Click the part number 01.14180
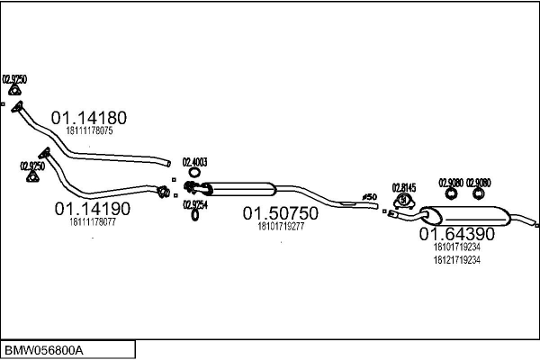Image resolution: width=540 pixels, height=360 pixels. click(x=88, y=117)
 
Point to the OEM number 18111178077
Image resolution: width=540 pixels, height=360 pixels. click(x=92, y=221)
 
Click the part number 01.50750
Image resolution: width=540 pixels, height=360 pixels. click(x=280, y=214)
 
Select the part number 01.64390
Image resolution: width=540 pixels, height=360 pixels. click(x=456, y=233)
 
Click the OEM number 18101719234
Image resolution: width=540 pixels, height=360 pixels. click(x=456, y=247)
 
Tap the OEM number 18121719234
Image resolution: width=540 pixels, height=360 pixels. click(x=456, y=260)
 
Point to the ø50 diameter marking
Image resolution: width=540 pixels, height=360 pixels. click(x=369, y=195)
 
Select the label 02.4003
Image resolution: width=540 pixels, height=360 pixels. click(x=195, y=163)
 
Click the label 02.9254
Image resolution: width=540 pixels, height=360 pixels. click(x=195, y=204)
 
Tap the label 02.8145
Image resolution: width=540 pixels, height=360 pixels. click(x=404, y=188)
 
